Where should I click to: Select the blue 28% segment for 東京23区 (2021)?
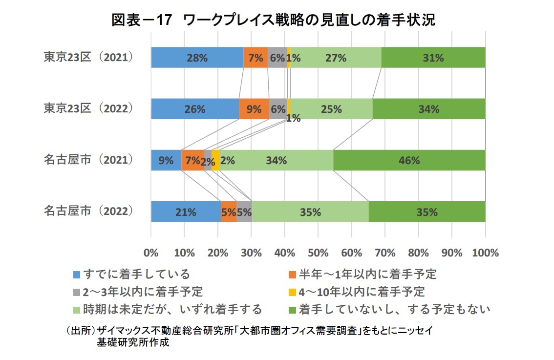pyautogui.click(x=197, y=58)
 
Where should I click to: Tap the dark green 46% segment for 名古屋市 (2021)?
pyautogui.click(x=409, y=160)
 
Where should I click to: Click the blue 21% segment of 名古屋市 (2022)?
pyautogui.click(x=186, y=212)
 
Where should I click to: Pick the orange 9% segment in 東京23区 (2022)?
pyautogui.click(x=254, y=109)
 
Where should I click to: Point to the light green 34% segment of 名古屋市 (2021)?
pyautogui.click(x=277, y=160)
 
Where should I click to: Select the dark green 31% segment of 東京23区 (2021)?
pyautogui.click(x=433, y=58)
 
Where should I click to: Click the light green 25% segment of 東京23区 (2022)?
pyautogui.click(x=331, y=109)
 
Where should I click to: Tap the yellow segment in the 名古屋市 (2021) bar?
pyautogui.click(x=215, y=160)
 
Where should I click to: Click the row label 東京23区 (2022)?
pyautogui.click(x=88, y=108)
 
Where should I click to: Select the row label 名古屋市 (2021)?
pyautogui.click(x=88, y=160)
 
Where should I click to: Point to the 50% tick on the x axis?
pyautogui.click(x=318, y=253)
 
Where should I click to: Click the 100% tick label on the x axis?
pyautogui.click(x=485, y=253)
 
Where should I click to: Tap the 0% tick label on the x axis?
pyautogui.click(x=151, y=253)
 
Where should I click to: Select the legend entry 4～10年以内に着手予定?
pyautogui.click(x=362, y=292)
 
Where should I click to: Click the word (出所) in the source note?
pyautogui.click(x=79, y=331)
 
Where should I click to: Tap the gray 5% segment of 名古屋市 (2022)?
pyautogui.click(x=244, y=212)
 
